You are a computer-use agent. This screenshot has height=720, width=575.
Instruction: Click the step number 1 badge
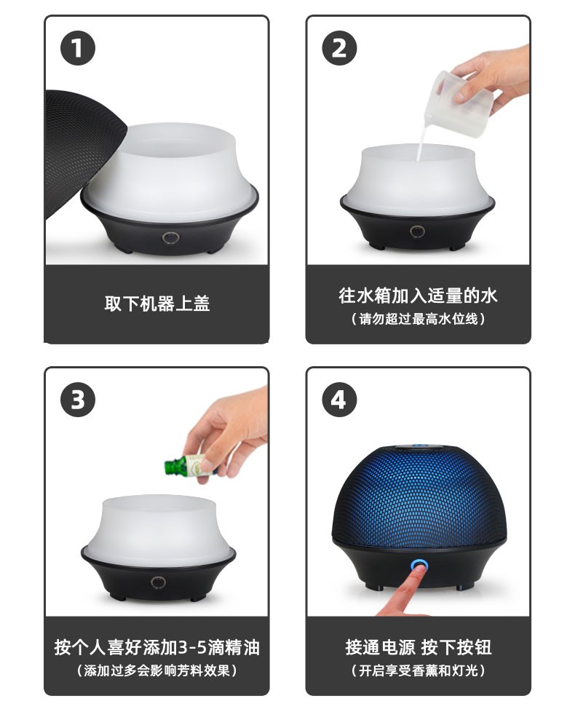78,49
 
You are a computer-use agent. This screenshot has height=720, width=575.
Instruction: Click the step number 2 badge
339,49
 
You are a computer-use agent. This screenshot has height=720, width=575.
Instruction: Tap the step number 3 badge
78,400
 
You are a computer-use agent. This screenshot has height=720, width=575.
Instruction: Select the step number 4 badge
339,400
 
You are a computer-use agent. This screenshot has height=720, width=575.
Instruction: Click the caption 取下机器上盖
156,304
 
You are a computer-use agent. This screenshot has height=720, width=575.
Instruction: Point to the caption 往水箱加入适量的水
418,296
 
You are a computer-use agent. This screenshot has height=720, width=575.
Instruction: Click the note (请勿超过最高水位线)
418,319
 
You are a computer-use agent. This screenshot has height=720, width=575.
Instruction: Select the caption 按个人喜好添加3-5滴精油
156,646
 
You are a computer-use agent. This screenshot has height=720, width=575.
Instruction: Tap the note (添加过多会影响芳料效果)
156,670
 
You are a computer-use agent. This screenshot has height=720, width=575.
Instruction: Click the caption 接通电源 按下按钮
418,646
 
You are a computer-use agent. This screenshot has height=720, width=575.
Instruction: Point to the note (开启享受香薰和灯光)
418,670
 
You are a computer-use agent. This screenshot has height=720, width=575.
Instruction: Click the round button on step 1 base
170,238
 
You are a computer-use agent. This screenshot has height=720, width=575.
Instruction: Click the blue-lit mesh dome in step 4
418,495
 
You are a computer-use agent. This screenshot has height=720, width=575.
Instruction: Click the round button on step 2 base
417,232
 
